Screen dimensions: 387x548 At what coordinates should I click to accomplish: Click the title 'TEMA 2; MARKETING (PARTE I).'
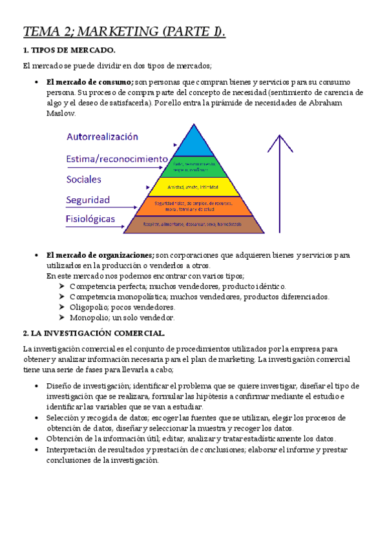(124, 32)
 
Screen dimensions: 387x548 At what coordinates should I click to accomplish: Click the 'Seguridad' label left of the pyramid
(89, 200)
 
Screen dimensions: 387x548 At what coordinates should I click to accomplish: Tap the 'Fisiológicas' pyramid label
(90, 218)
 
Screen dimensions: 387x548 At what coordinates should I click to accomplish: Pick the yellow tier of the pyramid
(194, 187)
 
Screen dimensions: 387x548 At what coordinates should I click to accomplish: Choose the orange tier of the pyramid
(194, 207)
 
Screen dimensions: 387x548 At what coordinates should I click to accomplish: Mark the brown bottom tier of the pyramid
(194, 224)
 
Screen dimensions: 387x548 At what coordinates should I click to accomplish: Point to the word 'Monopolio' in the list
(90, 317)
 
